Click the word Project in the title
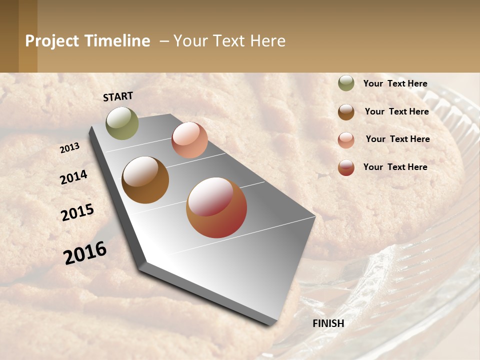click(x=52, y=41)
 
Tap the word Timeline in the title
click(x=117, y=41)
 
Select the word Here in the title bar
click(x=267, y=41)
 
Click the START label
click(x=118, y=96)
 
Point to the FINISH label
click(x=328, y=323)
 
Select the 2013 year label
click(x=70, y=147)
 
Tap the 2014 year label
click(x=73, y=177)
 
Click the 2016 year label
click(x=85, y=253)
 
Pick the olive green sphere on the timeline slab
click(x=122, y=123)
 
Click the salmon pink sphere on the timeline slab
click(x=189, y=140)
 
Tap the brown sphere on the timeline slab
click(x=145, y=180)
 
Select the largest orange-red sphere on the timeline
click(x=216, y=207)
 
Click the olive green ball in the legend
click(x=346, y=83)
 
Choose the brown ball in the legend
click(x=346, y=111)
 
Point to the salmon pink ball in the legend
click(x=346, y=139)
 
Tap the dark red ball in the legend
click(x=346, y=167)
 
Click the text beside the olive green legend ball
click(x=395, y=83)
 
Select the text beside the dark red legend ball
click(x=395, y=167)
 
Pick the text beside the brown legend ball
click(x=396, y=111)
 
